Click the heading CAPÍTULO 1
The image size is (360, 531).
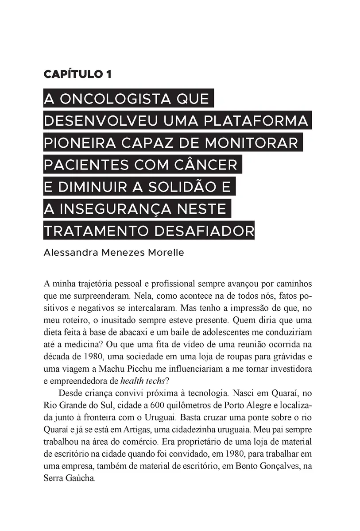(x=77, y=74)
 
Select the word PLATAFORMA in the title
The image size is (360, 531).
(x=261, y=120)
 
